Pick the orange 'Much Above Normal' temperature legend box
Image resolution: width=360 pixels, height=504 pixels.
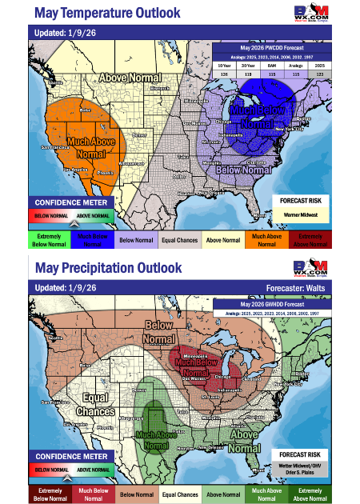click(x=264, y=238)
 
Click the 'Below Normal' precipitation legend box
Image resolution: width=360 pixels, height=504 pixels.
click(x=138, y=493)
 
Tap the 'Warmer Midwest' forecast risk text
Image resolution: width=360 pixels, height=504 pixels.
click(x=300, y=214)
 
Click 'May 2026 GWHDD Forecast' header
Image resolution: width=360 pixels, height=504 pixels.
click(x=272, y=303)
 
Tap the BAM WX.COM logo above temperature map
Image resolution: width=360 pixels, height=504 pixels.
click(x=311, y=14)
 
